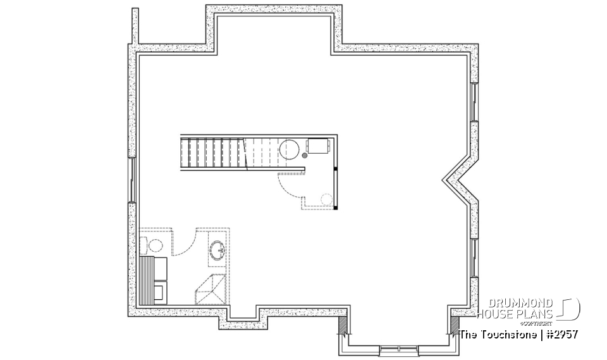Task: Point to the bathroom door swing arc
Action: [x=183, y=244]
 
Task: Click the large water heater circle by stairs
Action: [x=290, y=149]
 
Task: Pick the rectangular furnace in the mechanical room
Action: [x=318, y=147]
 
